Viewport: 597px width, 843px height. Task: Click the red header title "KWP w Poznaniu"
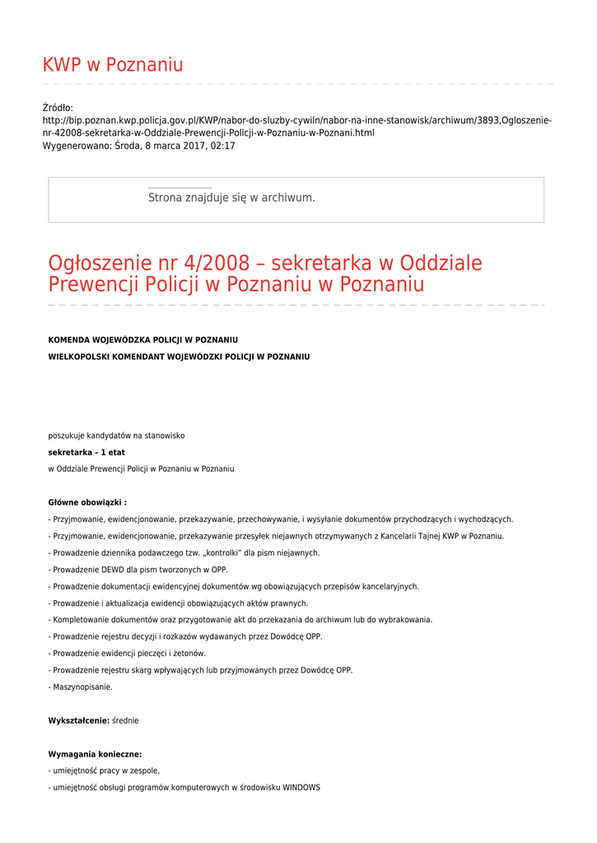point(113,65)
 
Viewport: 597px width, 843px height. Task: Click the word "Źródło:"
point(58,108)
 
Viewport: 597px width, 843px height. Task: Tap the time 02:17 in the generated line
point(222,146)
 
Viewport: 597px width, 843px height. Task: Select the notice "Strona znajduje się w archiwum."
point(231,198)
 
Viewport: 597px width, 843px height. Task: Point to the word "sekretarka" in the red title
point(321,264)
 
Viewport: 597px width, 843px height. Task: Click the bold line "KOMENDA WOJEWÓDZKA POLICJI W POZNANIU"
point(143,339)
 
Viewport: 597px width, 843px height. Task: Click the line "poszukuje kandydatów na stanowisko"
point(116,435)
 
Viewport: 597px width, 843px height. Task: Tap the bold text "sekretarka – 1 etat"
point(86,452)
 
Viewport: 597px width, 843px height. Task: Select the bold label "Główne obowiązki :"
point(87,502)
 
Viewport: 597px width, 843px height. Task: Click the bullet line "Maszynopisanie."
point(82,687)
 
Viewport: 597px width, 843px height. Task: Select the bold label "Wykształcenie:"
point(78,720)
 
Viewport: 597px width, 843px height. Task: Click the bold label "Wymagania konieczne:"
point(95,754)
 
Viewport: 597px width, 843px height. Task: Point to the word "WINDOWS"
point(301,788)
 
